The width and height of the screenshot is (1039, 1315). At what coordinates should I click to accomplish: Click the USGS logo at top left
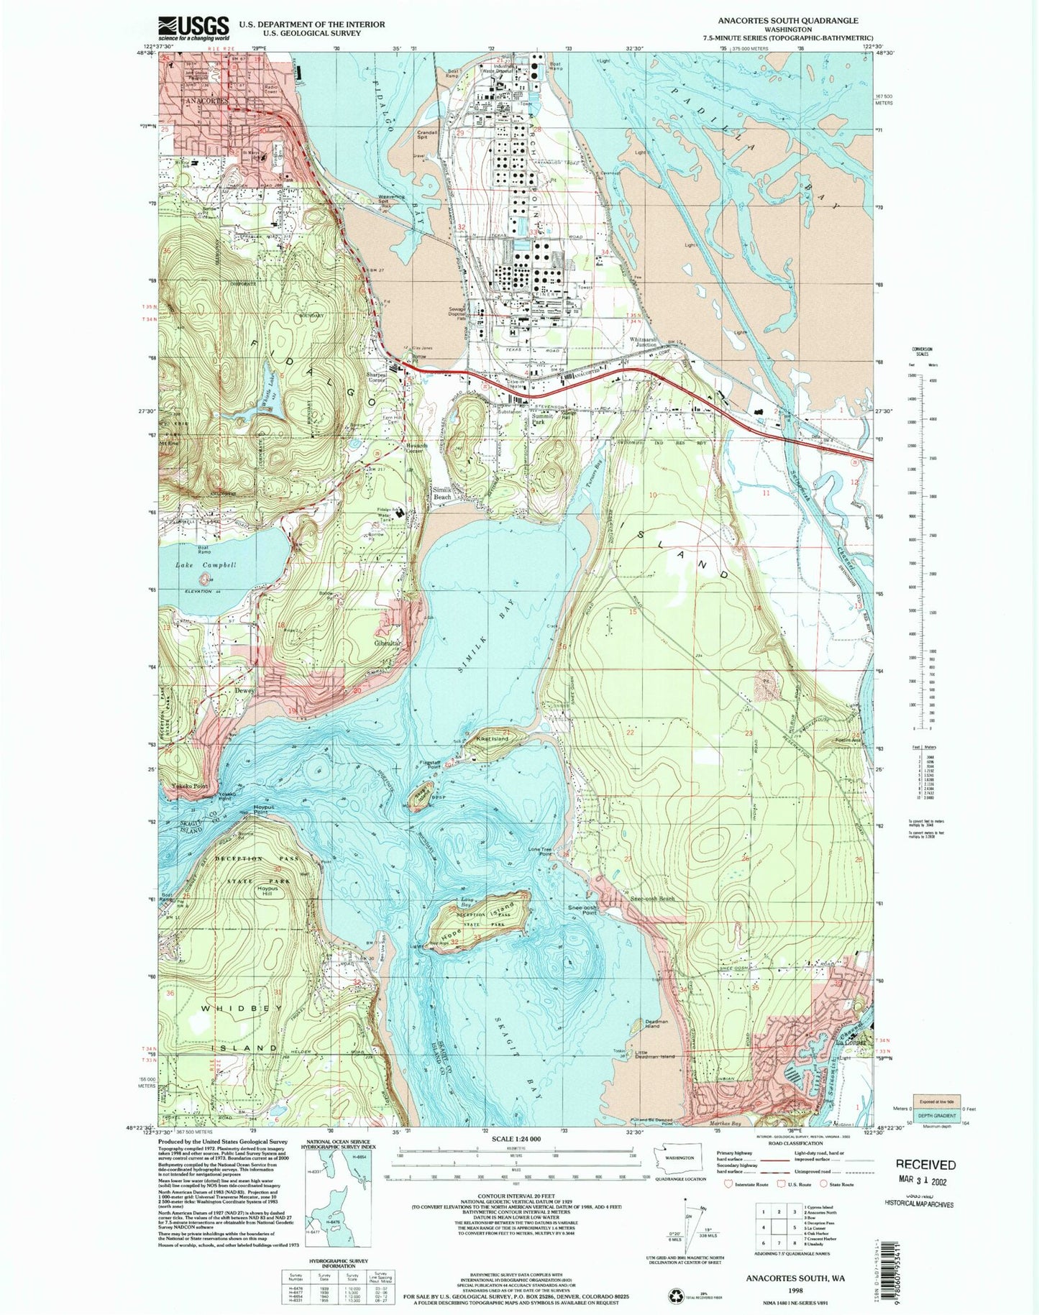(x=193, y=28)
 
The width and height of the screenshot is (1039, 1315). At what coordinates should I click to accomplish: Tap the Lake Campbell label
(x=206, y=565)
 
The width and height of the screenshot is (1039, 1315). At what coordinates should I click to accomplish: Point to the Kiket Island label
(x=490, y=739)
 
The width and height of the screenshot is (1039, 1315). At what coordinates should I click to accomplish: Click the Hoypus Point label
(x=265, y=809)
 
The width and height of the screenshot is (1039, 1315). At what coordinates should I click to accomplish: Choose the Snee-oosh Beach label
(x=653, y=899)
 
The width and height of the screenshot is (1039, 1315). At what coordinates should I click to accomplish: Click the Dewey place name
(x=244, y=691)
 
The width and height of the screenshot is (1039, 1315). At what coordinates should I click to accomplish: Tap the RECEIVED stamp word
(x=925, y=1165)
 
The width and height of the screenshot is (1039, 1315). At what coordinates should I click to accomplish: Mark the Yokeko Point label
(x=189, y=787)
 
